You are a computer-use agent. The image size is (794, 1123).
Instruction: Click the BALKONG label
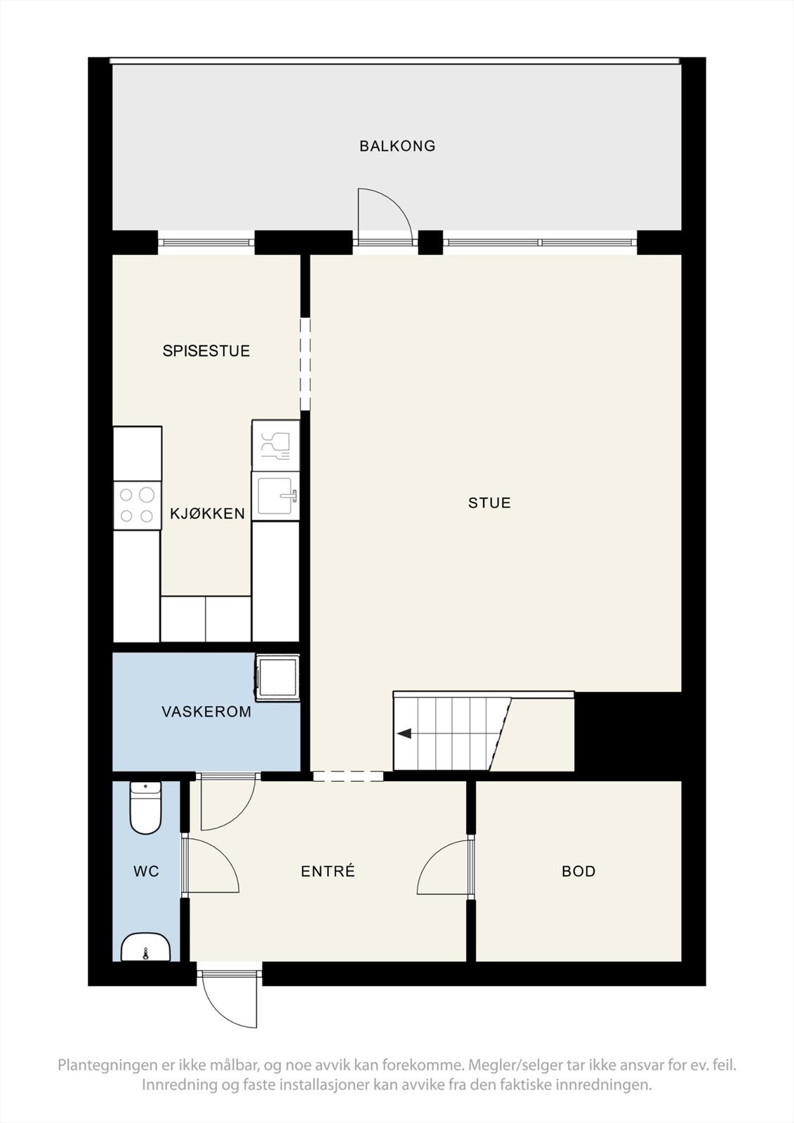397,146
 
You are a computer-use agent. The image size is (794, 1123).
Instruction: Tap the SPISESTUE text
206,350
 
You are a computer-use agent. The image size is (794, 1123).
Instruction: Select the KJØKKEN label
207,513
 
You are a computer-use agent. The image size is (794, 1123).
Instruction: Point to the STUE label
489,503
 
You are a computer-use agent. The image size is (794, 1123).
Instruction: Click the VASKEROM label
206,712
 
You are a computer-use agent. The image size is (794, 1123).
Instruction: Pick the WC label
147,871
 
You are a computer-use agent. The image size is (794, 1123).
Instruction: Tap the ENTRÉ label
328,871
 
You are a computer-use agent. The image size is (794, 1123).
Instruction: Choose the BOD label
578,871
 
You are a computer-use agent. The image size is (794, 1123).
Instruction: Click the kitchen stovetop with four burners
137,505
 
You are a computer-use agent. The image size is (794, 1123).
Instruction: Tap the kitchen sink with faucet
275,496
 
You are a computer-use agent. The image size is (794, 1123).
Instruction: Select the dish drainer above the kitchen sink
275,446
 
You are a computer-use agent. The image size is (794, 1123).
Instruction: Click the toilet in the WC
145,808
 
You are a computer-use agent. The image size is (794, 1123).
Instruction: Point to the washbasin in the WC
145,947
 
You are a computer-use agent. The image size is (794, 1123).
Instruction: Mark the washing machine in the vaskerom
277,678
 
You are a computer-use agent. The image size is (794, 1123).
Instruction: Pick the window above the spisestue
206,243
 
